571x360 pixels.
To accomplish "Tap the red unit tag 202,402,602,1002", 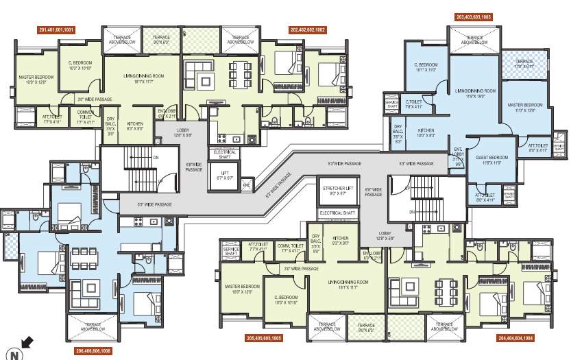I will (308, 30).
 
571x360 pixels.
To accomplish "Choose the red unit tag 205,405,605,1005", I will (263, 338).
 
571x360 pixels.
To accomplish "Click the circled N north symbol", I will (13, 353).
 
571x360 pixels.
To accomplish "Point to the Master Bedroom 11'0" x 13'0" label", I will (525, 108).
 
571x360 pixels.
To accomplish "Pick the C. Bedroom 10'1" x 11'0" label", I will (425, 67).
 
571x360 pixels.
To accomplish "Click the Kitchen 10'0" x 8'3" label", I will (427, 133).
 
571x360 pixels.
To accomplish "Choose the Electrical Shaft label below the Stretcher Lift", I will (336, 213).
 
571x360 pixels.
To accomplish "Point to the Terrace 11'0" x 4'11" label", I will (524, 62).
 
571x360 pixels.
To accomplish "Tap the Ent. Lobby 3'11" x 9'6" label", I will (458, 158).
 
